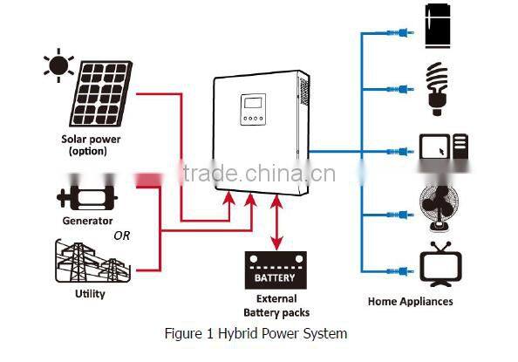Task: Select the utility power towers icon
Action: click(92, 263)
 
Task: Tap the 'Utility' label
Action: click(90, 294)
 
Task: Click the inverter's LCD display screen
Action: click(253, 110)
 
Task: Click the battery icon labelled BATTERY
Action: click(276, 273)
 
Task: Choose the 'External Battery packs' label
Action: click(276, 305)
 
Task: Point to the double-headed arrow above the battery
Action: click(276, 225)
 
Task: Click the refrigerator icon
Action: click(437, 29)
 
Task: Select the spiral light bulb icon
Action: click(437, 88)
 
